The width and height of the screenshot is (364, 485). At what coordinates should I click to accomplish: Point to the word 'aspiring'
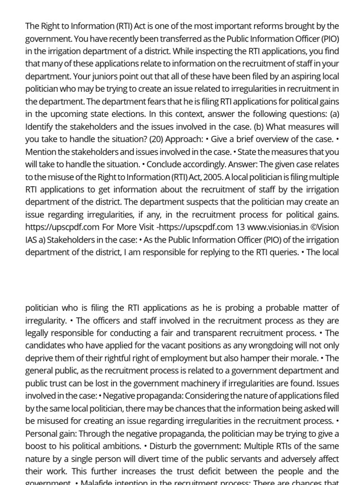(x=296, y=76)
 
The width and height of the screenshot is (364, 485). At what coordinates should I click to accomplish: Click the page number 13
(x=241, y=227)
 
